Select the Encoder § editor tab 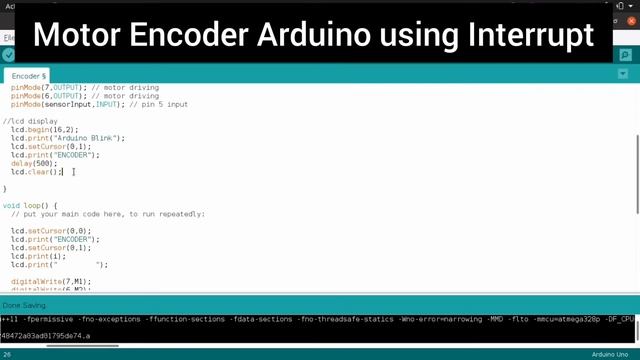point(29,76)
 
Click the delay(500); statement point(35,163)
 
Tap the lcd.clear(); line point(36,172)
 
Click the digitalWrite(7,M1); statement point(50,281)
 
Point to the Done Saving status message point(24,305)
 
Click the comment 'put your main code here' point(110,214)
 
